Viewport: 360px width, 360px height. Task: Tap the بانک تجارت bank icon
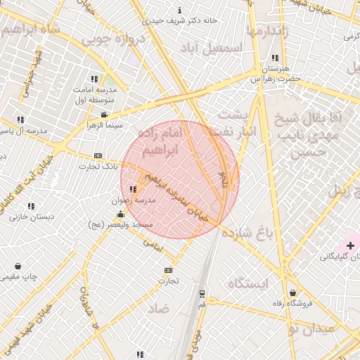click(x=98, y=155)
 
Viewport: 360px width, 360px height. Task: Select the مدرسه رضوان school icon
click(x=133, y=189)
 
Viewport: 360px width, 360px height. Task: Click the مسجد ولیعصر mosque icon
click(x=120, y=214)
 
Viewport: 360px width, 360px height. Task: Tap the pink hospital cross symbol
click(x=350, y=245)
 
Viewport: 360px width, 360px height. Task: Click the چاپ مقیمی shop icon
click(x=18, y=266)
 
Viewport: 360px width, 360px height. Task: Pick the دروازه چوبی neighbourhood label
click(x=116, y=40)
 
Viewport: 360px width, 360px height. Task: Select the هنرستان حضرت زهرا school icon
click(x=274, y=58)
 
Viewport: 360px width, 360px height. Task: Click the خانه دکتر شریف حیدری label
click(x=180, y=20)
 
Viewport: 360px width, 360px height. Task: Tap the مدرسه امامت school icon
click(x=94, y=79)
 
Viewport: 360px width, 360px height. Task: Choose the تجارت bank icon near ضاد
click(x=168, y=270)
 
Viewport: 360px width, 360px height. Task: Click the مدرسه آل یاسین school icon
click(x=20, y=120)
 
